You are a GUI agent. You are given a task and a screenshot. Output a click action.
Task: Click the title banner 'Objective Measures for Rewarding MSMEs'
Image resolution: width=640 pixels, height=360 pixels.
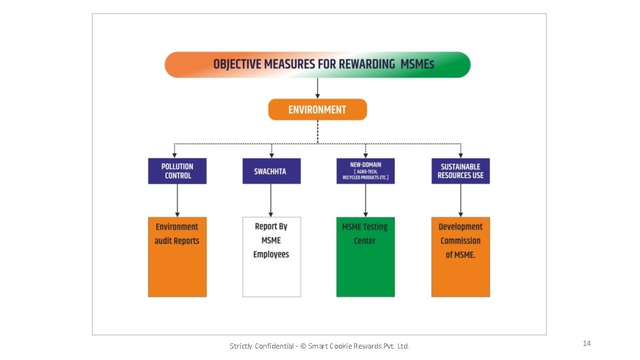[x=317, y=65]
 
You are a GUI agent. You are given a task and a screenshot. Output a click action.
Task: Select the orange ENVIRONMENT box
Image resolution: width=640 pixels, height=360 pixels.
[x=317, y=109]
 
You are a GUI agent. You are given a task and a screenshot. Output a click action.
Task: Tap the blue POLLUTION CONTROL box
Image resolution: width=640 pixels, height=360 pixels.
[x=177, y=171]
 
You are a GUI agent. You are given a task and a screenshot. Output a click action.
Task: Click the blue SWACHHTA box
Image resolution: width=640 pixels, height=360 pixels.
[x=271, y=171]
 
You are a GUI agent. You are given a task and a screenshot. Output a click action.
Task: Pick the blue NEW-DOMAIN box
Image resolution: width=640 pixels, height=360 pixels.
[x=365, y=171]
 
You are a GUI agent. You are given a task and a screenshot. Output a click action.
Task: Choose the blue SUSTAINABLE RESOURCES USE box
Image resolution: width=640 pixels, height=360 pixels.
[x=460, y=171]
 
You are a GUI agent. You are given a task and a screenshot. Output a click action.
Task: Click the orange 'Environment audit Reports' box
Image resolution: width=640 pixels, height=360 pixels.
[x=177, y=257]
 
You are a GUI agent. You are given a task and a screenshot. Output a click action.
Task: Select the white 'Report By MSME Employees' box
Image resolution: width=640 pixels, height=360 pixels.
[x=271, y=257]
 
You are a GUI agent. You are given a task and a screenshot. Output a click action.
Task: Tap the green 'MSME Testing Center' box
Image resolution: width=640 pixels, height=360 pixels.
[x=365, y=257]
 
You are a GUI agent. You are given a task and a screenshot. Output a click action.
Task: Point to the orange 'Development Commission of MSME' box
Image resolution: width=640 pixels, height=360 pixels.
[x=460, y=257]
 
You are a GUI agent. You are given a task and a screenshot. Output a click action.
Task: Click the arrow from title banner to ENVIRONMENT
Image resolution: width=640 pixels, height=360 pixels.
[x=317, y=88]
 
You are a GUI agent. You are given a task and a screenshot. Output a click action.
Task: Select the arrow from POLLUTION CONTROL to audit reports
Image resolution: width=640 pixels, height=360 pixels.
[x=177, y=200]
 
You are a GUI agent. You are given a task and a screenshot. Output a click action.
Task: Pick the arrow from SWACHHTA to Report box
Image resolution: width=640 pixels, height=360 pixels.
[x=271, y=200]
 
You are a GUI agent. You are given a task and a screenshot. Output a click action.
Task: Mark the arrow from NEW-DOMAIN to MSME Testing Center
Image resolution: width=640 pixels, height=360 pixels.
[x=365, y=200]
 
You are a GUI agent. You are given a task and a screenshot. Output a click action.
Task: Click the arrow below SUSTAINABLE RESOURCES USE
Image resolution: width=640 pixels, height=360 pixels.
[x=460, y=200]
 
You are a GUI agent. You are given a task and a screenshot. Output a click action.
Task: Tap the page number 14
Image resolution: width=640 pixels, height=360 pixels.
[x=587, y=343]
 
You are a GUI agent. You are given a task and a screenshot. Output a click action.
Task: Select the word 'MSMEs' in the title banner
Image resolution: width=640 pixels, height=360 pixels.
[x=417, y=65]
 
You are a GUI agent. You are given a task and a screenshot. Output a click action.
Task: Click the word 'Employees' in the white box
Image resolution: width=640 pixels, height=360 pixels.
[x=271, y=255]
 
